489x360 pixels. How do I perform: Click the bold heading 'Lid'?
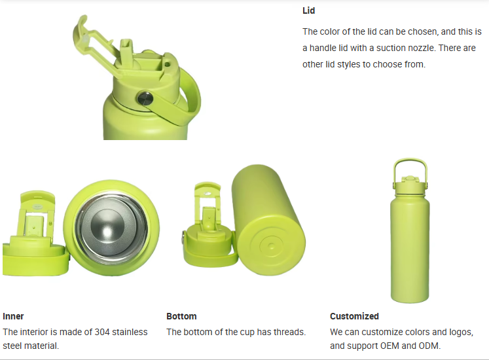coord(308,10)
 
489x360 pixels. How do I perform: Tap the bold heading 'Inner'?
coord(13,316)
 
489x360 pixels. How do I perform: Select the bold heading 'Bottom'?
coord(181,316)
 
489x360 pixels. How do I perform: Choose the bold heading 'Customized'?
coord(354,316)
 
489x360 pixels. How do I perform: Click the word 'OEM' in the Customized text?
coord(389,346)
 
